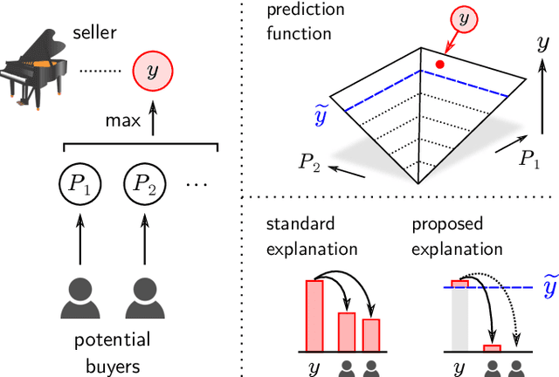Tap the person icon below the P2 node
tap(145, 298)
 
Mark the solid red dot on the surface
tap(440, 64)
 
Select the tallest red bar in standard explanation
tap(314, 315)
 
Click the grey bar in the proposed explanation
tap(459, 319)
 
